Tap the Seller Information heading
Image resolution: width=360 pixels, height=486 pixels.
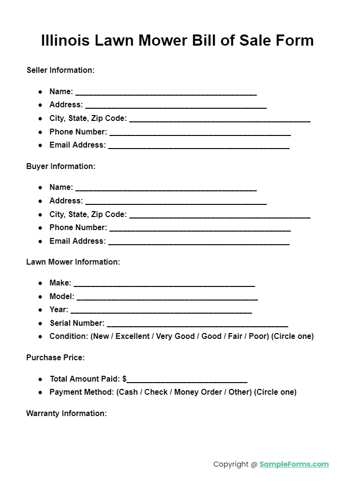[60, 70]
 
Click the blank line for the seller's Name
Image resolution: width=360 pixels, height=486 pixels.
[166, 92]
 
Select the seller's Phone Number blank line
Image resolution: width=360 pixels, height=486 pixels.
[200, 133]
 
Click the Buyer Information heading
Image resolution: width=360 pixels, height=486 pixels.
[61, 167]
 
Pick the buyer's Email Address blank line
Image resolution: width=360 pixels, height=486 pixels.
[199, 242]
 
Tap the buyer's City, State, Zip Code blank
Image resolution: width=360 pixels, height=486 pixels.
[220, 215]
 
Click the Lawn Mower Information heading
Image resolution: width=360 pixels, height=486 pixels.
[73, 262]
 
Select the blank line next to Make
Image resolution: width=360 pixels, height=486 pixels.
[164, 284]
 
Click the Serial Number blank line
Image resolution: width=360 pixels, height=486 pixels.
[197, 324]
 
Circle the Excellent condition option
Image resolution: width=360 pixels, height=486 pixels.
[132, 336]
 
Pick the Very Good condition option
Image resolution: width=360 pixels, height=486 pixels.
[175, 336]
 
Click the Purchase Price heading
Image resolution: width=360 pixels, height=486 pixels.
[55, 358]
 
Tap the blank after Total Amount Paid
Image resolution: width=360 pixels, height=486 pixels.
[187, 380]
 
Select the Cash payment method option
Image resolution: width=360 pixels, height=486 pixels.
[128, 392]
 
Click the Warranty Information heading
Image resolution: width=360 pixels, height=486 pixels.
[66, 414]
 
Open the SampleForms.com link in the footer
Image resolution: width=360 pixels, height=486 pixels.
[294, 465]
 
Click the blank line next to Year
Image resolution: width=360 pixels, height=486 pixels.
[161, 311]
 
